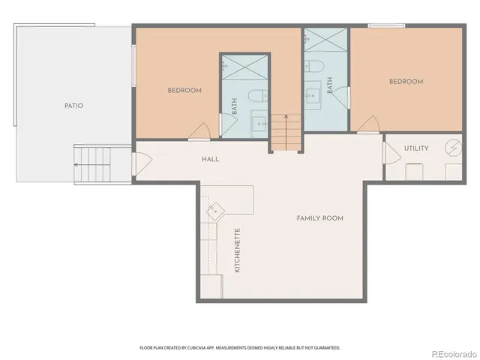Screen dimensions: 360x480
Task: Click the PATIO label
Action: point(73,106)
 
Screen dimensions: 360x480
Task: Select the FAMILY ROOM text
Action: point(319,218)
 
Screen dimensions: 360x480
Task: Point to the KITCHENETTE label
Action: point(238,250)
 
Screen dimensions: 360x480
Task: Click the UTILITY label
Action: point(416,148)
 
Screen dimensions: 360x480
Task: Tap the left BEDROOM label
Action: point(184,91)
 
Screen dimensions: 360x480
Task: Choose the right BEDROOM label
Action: point(406,82)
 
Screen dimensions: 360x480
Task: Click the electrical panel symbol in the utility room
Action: point(453,147)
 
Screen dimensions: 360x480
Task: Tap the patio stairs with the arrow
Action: point(93,164)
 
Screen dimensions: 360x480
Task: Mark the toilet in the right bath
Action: point(316,66)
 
